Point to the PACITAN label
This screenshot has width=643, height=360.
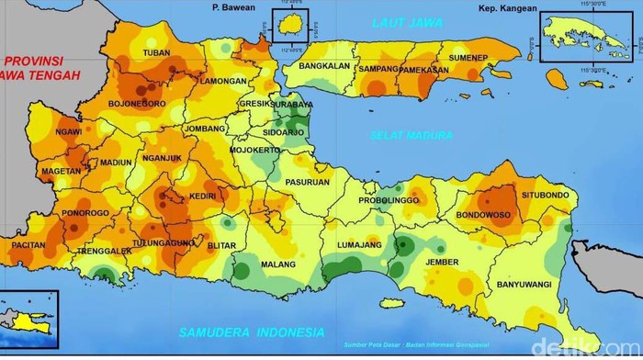point(28,246)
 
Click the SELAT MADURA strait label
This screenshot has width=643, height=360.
point(412,135)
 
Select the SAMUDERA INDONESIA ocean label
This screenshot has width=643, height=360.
point(252,332)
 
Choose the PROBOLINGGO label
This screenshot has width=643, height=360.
point(388,200)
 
